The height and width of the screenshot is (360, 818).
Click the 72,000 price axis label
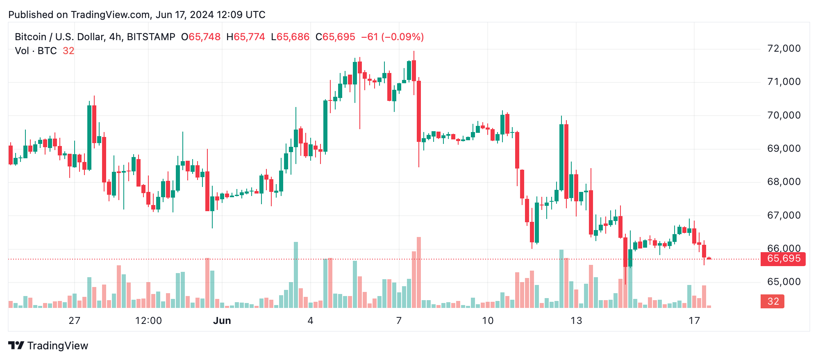coord(784,48)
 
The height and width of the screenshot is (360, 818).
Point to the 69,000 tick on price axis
coord(784,148)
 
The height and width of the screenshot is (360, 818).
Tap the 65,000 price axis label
coord(784,282)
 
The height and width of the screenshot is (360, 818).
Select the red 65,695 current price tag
coord(783,259)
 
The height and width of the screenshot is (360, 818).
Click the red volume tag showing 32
coord(773,301)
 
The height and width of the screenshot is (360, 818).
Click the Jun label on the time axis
coord(222,321)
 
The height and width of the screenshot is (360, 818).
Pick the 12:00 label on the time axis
coord(148,321)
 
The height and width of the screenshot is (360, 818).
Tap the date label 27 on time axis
coord(74,321)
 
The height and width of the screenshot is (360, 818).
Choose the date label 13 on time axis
coord(576,321)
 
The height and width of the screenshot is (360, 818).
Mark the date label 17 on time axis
coord(694,321)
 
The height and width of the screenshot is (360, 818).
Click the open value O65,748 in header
coord(201,37)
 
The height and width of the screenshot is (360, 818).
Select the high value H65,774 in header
coord(245,37)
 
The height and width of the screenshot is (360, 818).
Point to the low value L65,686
coord(290,37)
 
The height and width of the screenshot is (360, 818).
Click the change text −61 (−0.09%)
coord(392,37)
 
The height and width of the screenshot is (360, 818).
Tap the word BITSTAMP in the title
coord(151,37)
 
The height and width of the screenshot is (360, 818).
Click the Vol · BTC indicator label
coord(36,51)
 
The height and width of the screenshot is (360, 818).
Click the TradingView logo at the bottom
coord(48,346)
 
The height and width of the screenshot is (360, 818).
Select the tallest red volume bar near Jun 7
coord(419,272)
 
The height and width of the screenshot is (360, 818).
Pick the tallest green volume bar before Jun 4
coord(296,275)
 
